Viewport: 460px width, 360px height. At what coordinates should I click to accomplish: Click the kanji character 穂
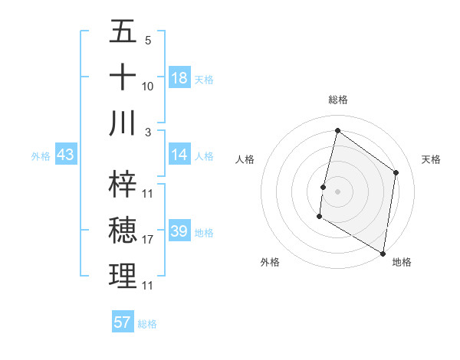click(x=123, y=230)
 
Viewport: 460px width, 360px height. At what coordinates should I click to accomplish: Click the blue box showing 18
click(x=179, y=78)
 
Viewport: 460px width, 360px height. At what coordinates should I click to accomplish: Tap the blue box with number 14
click(x=179, y=155)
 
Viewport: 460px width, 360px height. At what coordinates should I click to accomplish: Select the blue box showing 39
click(x=179, y=232)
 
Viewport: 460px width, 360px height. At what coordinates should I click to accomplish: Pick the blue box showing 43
click(x=66, y=155)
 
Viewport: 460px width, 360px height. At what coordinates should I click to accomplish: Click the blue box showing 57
click(x=123, y=322)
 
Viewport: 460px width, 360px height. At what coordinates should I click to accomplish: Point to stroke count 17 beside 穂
click(x=148, y=240)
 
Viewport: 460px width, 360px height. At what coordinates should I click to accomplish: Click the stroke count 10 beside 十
click(x=148, y=87)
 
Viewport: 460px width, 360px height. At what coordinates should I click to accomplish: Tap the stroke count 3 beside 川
click(x=148, y=133)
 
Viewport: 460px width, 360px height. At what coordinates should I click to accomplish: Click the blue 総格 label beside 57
click(x=147, y=324)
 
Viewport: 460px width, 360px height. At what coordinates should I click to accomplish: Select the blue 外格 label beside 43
click(x=41, y=156)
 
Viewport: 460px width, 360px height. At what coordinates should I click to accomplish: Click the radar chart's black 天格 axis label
click(x=431, y=159)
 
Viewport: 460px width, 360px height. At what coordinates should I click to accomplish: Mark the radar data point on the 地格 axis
click(x=383, y=253)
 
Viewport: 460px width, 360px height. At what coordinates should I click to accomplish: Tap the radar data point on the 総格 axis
click(x=337, y=131)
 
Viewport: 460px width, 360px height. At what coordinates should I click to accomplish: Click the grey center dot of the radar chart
click(x=337, y=191)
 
